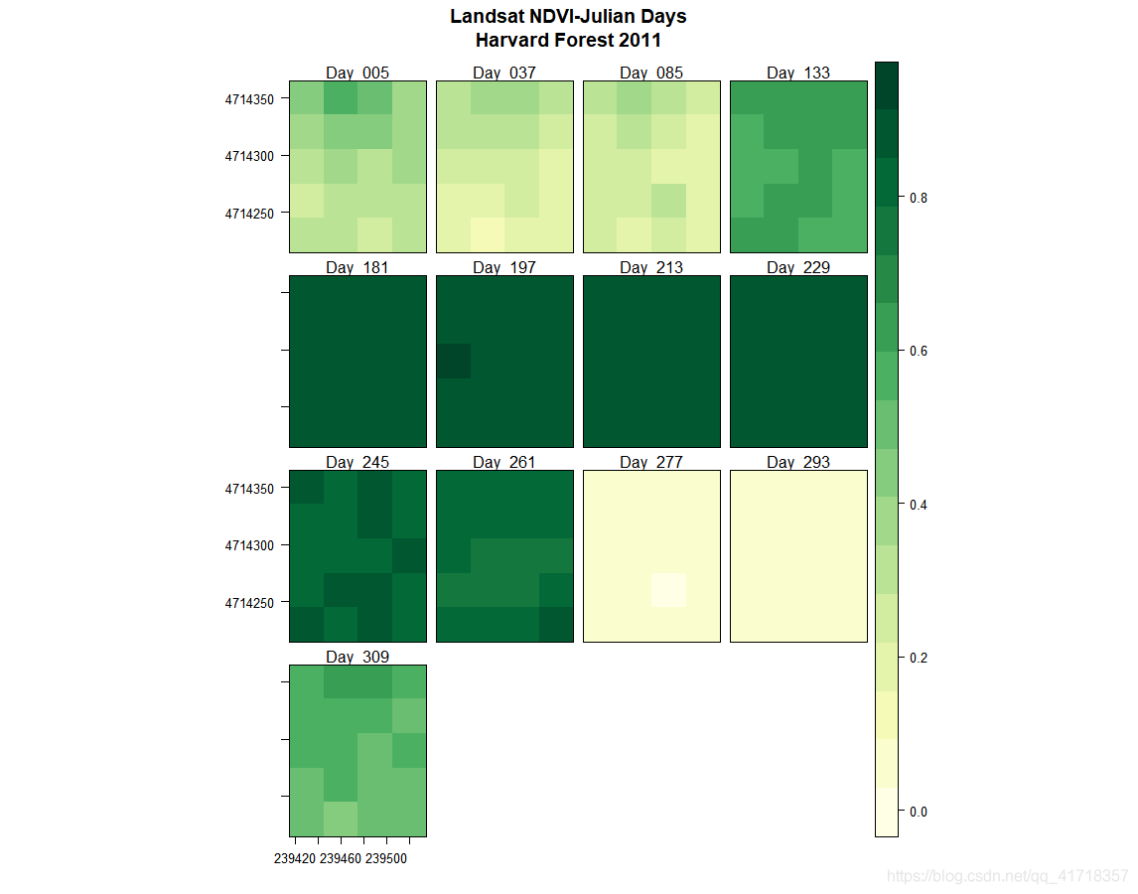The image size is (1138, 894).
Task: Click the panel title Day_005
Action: coord(357,73)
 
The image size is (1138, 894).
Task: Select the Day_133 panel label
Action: coord(798,73)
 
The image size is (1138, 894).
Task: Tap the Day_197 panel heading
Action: coord(504,267)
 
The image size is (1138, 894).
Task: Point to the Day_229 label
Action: coord(798,267)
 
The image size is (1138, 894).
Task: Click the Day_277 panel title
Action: coord(651,462)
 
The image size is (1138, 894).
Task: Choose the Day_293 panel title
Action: coord(798,462)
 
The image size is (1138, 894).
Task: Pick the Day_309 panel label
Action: coord(357,657)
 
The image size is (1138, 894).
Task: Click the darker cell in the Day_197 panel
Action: coord(454,361)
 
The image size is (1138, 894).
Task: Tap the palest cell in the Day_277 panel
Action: coord(668,589)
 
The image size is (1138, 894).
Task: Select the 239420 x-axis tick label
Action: coord(295,858)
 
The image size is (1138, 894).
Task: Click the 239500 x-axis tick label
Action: coord(386,858)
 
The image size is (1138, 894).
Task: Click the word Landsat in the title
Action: coord(487,17)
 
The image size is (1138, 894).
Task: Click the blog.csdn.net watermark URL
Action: coord(1007,876)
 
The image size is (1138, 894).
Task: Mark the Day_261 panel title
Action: coord(504,462)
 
